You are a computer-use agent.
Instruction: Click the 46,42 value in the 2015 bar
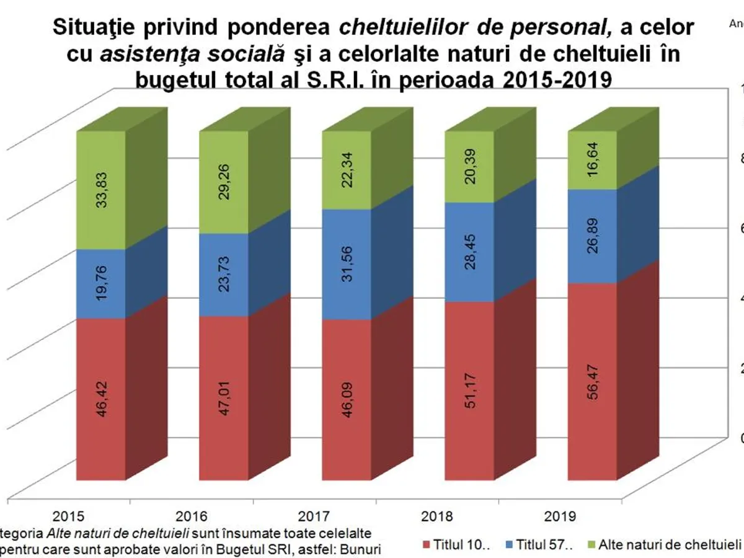[x=101, y=399]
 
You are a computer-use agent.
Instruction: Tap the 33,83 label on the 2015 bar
[x=101, y=191]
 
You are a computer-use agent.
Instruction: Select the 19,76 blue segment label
[x=101, y=285]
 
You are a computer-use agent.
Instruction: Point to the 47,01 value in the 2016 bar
[x=224, y=398]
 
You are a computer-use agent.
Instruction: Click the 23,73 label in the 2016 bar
[x=224, y=275]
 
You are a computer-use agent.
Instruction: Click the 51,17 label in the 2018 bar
[x=469, y=391]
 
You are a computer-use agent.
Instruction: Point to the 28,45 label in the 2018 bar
[x=469, y=252]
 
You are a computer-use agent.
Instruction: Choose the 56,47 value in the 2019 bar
[x=592, y=381]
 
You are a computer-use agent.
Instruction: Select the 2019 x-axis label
[x=560, y=516]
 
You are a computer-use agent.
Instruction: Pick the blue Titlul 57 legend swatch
[x=510, y=545]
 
